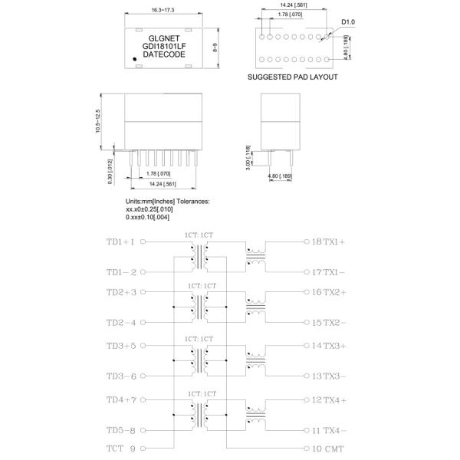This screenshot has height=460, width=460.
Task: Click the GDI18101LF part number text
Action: [166, 47]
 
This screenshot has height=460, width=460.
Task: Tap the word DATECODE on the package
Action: [166, 54]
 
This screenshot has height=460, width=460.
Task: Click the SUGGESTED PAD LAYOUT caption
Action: [293, 77]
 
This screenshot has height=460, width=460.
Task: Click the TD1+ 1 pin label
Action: [121, 242]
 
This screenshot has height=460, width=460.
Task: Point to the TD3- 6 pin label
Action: [121, 376]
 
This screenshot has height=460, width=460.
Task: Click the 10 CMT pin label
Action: [328, 448]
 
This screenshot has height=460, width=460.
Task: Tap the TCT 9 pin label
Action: [120, 448]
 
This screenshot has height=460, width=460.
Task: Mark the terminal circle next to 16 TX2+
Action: [305, 292]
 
